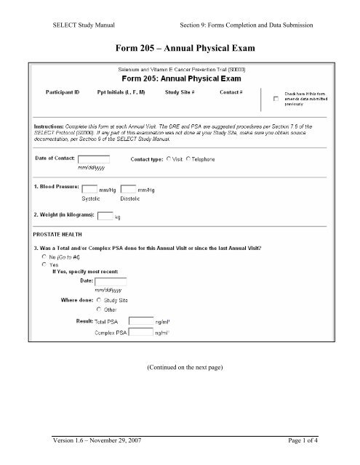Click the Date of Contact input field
94,159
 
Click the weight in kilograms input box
105,215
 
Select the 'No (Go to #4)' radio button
45,257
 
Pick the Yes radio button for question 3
45,265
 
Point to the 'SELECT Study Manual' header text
73,24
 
